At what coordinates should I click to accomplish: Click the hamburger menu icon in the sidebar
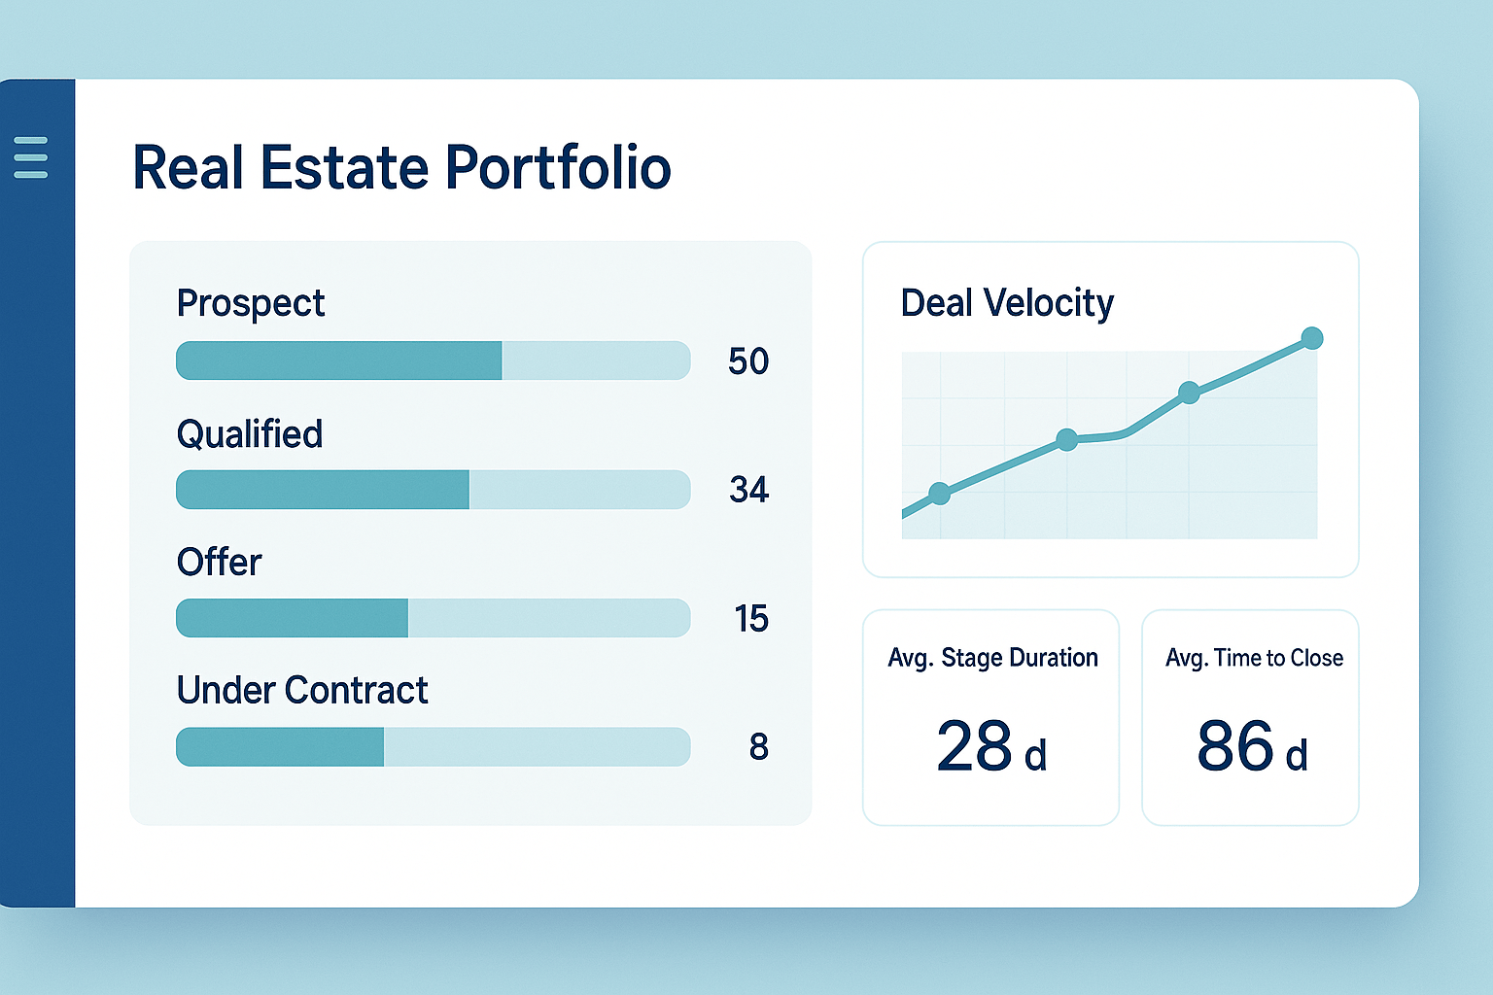31,157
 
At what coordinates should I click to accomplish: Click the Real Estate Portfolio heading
401,167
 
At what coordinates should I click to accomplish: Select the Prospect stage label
250,303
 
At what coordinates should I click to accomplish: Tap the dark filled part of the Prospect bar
338,360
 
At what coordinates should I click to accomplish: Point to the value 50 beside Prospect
748,361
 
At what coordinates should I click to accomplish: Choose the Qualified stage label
249,433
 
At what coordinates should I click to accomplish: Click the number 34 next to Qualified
748,490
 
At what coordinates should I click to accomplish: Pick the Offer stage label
219,562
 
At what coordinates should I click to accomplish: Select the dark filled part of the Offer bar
292,618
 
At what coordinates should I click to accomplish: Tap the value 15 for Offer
750,619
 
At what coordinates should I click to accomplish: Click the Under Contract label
301,690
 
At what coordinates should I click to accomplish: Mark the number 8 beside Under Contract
758,747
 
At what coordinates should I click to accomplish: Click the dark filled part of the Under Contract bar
280,747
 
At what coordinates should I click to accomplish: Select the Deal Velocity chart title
1007,303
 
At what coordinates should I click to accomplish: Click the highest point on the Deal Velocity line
1311,338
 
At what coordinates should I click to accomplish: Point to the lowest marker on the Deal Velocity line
939,494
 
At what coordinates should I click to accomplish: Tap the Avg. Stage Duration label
992,658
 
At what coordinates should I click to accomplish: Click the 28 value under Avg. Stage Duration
974,746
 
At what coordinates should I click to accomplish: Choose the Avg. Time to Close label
1254,658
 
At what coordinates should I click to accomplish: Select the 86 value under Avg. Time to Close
1234,746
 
